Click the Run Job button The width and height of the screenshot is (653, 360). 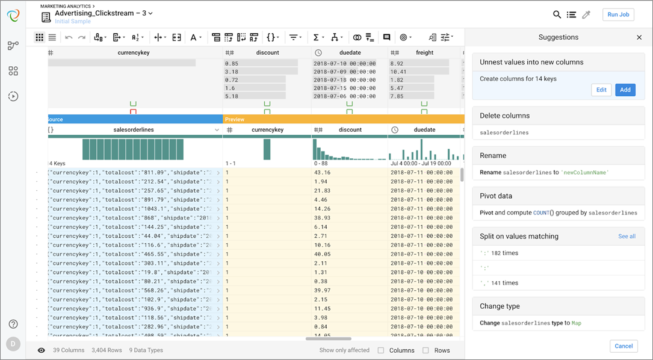618,14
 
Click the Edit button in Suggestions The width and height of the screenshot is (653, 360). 601,90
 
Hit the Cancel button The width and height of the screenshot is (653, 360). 624,346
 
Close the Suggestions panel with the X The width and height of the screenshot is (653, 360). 639,37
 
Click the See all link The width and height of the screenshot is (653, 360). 627,236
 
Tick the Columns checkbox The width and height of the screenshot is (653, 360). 381,350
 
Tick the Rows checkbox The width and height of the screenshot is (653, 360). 426,350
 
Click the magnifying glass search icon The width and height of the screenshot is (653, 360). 557,14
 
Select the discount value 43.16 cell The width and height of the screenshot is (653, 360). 322,173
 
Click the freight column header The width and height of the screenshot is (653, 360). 424,52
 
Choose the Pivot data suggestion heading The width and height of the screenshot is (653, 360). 496,196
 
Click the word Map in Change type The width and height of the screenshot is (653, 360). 576,323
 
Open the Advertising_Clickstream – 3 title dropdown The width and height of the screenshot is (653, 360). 150,13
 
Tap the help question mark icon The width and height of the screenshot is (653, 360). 13,324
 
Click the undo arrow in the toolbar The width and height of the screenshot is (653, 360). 69,37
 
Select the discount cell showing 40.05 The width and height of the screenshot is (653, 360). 322,254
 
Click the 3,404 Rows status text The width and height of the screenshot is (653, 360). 107,350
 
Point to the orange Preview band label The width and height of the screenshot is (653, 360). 234,119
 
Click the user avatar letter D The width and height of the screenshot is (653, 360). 13,344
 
